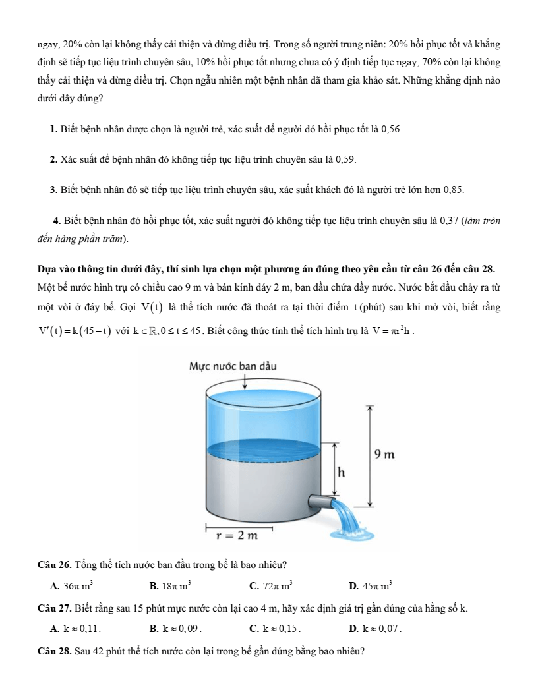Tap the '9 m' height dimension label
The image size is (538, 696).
[384, 454]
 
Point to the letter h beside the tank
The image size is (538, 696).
[342, 472]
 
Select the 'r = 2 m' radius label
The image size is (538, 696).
[237, 535]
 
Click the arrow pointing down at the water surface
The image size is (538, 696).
[246, 381]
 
